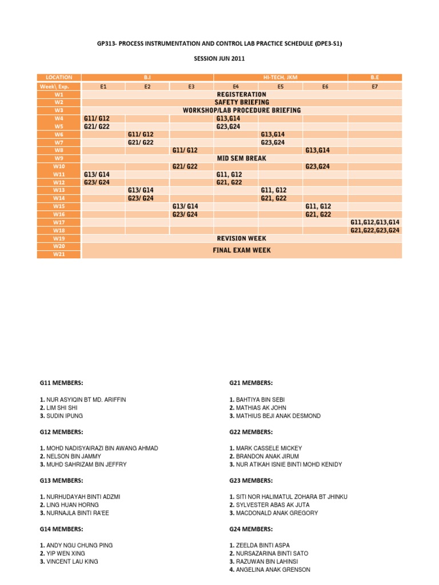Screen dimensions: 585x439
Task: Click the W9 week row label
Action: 59,158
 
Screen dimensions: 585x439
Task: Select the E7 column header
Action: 375,86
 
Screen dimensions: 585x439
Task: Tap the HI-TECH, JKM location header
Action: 280,77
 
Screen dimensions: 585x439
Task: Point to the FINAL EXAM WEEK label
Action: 242,250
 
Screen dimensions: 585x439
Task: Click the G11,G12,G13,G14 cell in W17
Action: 375,222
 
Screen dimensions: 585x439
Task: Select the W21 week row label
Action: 59,254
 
